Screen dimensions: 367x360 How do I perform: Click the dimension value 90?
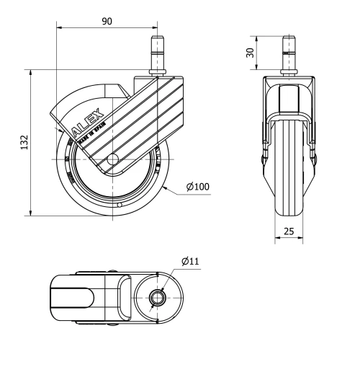tap(106, 21)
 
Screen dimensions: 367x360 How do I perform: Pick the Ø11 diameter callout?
tap(190, 260)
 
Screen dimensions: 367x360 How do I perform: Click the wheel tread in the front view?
tap(291, 173)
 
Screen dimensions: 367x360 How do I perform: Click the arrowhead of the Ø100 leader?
tap(164, 187)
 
